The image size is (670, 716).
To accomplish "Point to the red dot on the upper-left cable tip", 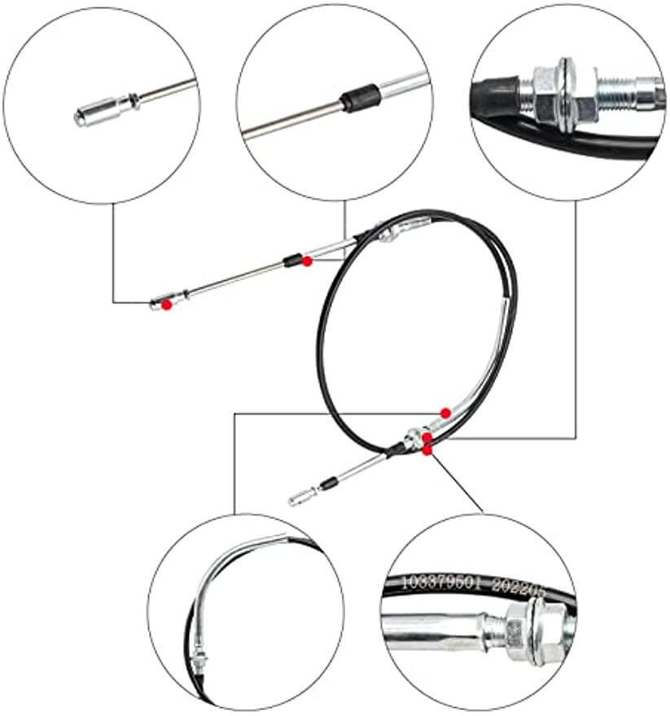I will point(167,304).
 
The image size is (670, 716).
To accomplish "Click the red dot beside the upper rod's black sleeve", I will point(306,261).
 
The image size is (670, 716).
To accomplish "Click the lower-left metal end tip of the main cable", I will point(297,495).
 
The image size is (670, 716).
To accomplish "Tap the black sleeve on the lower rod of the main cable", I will point(327,483).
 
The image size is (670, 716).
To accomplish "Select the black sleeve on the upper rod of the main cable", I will point(290,261).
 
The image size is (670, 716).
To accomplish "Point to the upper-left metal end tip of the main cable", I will point(158,305).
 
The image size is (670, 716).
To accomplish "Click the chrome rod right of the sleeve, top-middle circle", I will point(399,86).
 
